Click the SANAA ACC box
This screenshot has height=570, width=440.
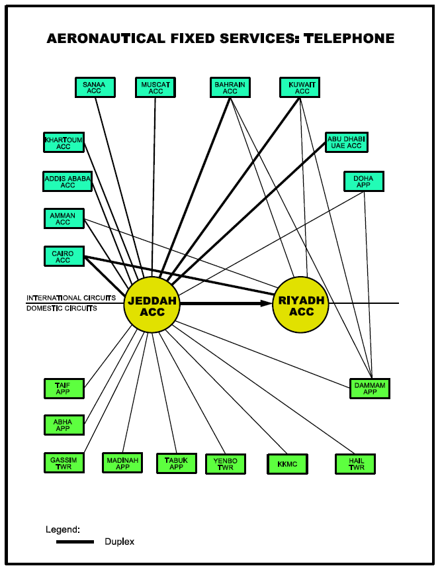(95, 87)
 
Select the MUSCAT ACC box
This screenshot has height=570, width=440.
(155, 87)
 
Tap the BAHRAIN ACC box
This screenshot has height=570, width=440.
(230, 87)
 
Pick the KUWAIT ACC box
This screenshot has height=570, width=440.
(300, 87)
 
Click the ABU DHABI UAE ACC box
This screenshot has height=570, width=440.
(347, 142)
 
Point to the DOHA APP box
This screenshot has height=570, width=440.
(364, 181)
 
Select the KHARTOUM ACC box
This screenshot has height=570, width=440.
(64, 142)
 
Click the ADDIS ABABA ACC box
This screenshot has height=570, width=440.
(67, 181)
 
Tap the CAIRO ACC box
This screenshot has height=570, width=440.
(64, 256)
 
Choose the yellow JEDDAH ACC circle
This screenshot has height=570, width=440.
(152, 305)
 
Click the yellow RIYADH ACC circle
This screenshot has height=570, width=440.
(300, 305)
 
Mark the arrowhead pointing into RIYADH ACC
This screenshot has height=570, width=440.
(267, 303)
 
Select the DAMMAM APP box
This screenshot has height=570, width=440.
(370, 389)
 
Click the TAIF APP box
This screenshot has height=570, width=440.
(64, 389)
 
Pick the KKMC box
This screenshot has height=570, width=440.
(287, 464)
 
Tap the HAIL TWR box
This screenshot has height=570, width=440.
(355, 464)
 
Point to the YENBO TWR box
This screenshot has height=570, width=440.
(226, 464)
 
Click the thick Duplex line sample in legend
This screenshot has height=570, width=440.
(75, 542)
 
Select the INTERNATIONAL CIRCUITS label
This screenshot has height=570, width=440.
(71, 298)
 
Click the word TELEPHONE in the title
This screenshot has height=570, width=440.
(349, 38)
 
